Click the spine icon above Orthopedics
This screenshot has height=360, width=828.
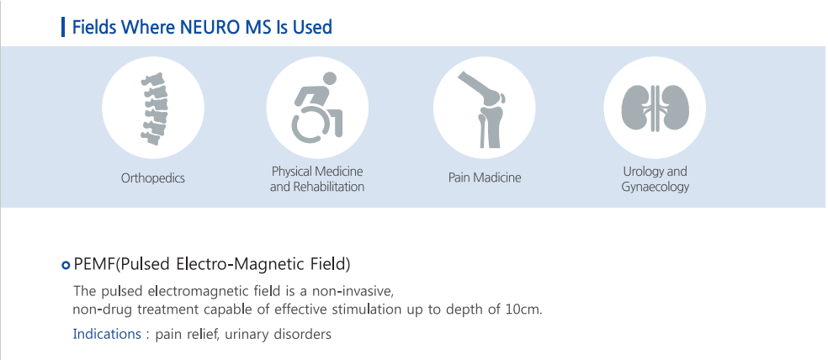point(153,109)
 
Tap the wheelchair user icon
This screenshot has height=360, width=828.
point(317,109)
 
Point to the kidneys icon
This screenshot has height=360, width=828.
point(655,108)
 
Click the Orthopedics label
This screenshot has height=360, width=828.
point(153,177)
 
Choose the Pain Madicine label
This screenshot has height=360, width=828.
point(485,177)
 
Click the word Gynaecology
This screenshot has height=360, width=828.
point(655,187)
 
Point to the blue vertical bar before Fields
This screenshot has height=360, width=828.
point(63,27)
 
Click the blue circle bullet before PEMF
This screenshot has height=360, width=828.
point(66,265)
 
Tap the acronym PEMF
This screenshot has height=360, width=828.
point(94,263)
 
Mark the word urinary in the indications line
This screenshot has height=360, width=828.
point(247,335)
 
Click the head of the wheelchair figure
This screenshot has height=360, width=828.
point(330,79)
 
